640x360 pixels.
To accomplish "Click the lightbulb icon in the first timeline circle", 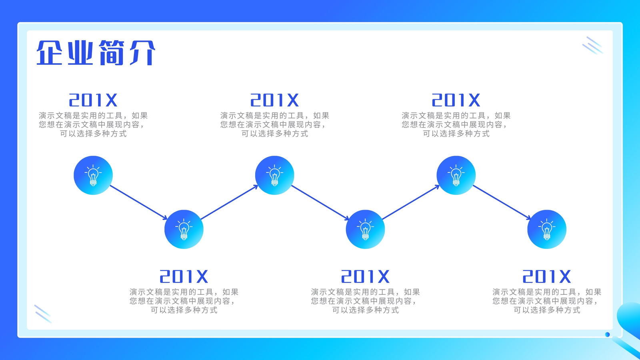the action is (x=93, y=175).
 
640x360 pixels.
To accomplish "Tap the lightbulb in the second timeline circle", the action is (x=184, y=229).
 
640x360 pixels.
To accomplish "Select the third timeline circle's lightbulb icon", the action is (x=274, y=175).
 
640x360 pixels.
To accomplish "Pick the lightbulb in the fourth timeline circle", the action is (x=366, y=229).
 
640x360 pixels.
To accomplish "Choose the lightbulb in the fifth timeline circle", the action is (x=456, y=175).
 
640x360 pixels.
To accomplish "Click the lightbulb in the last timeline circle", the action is (x=547, y=229).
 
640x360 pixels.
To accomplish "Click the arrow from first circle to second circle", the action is (x=138, y=202).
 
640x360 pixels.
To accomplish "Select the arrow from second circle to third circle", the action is (x=230, y=202).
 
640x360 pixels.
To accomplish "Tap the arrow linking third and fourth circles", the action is (x=320, y=202).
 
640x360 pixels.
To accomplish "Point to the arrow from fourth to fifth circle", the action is (x=411, y=202).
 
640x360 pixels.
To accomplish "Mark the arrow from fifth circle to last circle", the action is (x=502, y=202).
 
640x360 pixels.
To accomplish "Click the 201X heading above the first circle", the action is (x=93, y=100).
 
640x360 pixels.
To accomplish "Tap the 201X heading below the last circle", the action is (x=546, y=276).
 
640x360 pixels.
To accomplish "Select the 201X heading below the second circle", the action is (x=184, y=276).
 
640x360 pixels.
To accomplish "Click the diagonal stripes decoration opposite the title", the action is (x=593, y=46).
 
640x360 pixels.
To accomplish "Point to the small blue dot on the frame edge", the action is (x=608, y=334).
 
